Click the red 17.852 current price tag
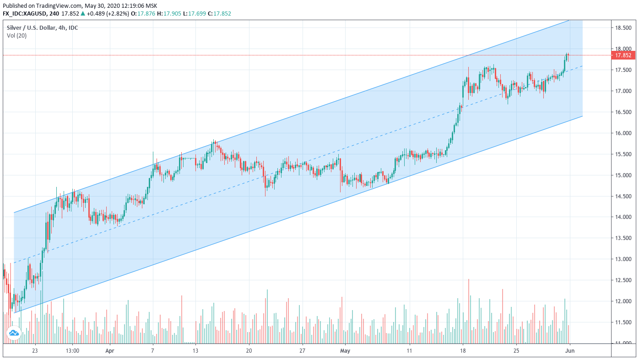point(623,55)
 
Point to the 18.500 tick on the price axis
point(623,28)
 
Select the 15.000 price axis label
point(623,175)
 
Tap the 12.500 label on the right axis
point(623,280)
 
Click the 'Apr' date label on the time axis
point(109,350)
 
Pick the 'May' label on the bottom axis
point(345,350)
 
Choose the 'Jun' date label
point(570,350)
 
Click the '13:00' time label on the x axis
point(72,350)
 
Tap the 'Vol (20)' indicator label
point(16,36)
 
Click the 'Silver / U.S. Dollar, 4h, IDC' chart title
point(42,27)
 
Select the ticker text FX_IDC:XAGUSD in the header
point(25,14)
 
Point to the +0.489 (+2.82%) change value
point(108,14)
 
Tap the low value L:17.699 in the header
point(195,14)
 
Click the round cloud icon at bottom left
point(14,333)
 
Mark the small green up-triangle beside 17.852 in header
point(83,13)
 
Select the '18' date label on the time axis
point(463,350)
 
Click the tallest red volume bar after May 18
point(468,311)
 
